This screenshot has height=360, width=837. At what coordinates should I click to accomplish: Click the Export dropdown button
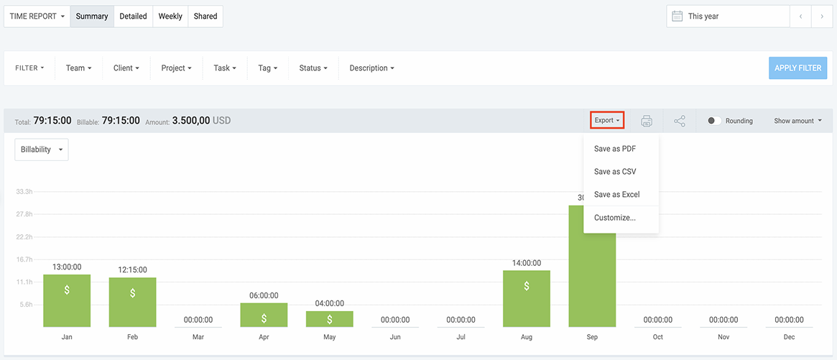[x=607, y=121]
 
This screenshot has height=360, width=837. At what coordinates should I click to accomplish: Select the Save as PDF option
[x=614, y=149]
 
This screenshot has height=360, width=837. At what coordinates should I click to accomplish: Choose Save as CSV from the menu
[x=614, y=172]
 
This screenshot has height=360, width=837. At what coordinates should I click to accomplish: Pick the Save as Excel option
[x=616, y=195]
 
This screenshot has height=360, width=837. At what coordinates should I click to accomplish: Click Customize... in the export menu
[x=614, y=218]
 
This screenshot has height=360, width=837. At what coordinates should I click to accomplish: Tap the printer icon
[x=647, y=121]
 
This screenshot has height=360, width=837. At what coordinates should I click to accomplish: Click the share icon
[x=680, y=121]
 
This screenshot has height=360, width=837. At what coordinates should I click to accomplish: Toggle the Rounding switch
[x=714, y=121]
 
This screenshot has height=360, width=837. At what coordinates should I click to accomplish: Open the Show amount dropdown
[x=797, y=121]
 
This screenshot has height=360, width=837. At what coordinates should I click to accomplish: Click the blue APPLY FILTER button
[x=797, y=68]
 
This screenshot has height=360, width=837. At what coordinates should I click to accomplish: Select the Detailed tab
[x=133, y=17]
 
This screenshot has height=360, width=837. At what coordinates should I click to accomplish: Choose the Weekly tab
[x=170, y=17]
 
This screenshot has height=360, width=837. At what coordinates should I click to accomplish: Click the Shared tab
[x=205, y=17]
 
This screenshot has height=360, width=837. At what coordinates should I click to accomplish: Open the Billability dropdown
[x=42, y=149]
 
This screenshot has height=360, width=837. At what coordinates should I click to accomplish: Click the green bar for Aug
[x=527, y=299]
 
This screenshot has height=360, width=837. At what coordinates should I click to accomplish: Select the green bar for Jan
[x=67, y=301]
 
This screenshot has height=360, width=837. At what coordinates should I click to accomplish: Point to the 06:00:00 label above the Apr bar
[x=264, y=295]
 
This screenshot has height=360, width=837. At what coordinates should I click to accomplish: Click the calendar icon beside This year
[x=677, y=17]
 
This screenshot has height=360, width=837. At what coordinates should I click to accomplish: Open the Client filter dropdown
[x=126, y=68]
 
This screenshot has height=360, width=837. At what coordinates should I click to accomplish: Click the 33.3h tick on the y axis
[x=24, y=192]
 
